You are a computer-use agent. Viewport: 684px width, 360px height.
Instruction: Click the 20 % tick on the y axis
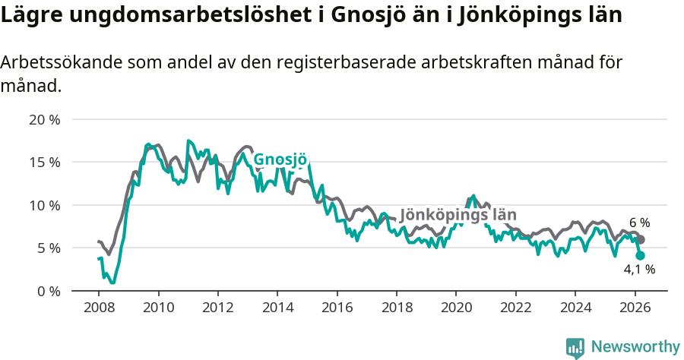(44, 120)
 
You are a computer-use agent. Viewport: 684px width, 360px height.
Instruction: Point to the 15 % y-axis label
(44, 163)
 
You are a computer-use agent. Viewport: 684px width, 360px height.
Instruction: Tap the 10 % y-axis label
(44, 205)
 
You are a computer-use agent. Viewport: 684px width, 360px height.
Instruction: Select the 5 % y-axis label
(47, 248)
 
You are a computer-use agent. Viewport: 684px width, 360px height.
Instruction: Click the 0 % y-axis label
(47, 291)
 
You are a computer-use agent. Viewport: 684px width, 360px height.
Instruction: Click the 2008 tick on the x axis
(99, 308)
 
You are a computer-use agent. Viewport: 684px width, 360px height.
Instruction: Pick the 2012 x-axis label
(217, 308)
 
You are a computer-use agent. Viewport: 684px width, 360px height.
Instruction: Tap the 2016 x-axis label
(337, 308)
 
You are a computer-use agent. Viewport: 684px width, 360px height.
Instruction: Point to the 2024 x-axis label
(575, 308)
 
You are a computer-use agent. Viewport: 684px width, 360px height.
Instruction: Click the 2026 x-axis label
(634, 308)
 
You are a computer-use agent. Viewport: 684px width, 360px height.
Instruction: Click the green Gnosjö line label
(280, 159)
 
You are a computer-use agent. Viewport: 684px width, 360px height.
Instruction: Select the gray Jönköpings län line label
(458, 215)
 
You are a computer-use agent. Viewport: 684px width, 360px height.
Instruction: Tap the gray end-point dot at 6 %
(641, 239)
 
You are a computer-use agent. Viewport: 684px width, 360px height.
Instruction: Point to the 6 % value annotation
(639, 223)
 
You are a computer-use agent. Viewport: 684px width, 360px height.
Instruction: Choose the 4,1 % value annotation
(639, 269)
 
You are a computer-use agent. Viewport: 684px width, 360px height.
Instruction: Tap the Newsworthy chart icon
(575, 347)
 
